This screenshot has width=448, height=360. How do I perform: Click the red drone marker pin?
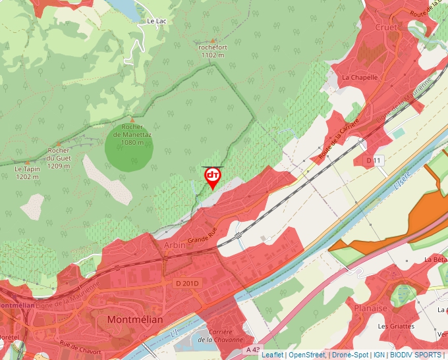pos(213,176)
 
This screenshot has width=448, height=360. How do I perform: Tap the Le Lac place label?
pos(155,21)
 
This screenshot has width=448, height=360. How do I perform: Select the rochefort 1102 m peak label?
pos(213,51)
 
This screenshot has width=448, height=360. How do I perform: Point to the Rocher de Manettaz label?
pos(132,134)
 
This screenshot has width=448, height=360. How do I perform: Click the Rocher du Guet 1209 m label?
pos(59,157)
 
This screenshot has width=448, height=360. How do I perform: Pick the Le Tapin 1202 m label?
pos(27,172)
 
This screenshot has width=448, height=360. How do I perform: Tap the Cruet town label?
pos(386,28)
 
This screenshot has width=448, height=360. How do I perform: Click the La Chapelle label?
pos(360,77)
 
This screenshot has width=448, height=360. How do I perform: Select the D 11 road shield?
pos(374,161)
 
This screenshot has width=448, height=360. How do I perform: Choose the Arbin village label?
pos(174,245)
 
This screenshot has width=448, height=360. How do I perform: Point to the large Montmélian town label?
pos(134,319)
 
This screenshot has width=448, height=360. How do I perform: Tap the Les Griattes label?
pos(396,326)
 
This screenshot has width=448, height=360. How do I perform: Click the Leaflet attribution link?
pos(272,355)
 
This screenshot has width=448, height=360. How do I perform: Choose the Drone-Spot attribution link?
pos(350,355)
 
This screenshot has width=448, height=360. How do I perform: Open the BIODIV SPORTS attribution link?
pos(415,355)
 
